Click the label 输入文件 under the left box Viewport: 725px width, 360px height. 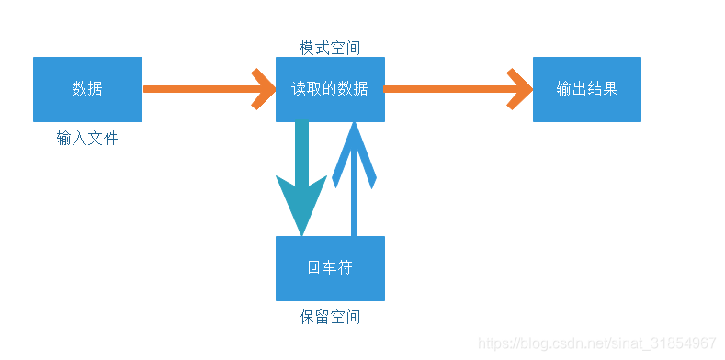(87, 139)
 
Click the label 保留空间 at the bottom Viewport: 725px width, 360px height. (330, 317)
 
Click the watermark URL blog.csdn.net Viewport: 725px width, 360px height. (597, 343)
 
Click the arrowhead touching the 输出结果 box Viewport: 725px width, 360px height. (521, 89)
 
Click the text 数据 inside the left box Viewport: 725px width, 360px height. (87, 89)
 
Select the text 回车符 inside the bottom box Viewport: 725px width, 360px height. (330, 268)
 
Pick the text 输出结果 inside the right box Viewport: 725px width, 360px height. (586, 89)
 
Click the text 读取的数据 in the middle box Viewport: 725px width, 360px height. (330, 89)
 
